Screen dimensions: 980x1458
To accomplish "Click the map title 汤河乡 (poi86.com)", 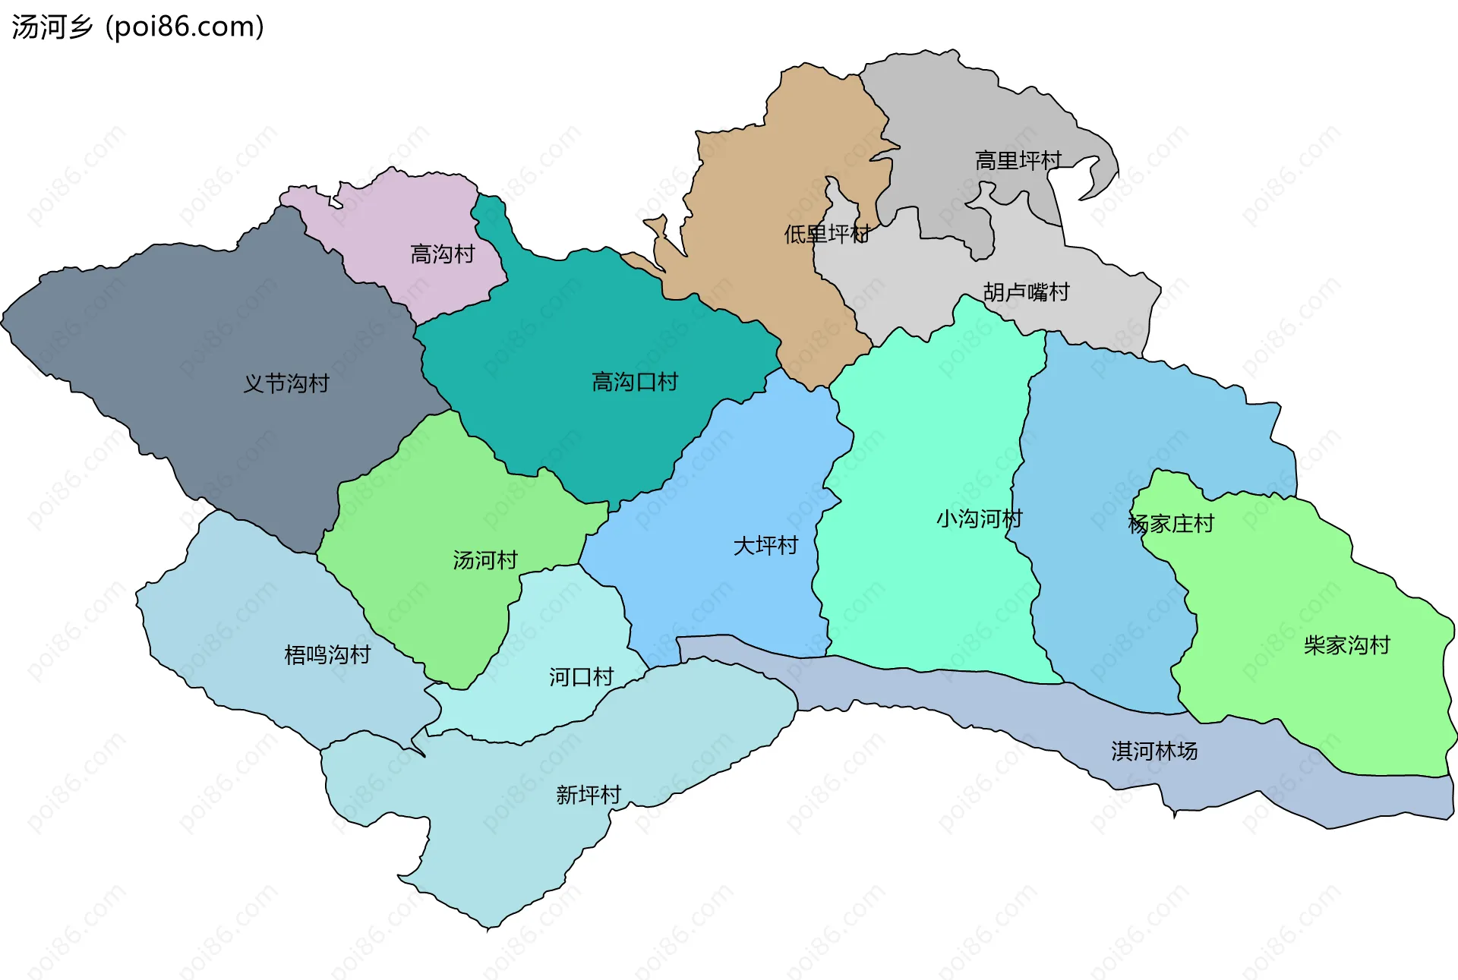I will click(137, 27).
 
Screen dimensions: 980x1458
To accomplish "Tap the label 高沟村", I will click(442, 254).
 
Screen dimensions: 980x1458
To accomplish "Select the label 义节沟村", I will click(286, 383).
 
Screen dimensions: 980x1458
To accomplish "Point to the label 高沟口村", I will click(634, 382).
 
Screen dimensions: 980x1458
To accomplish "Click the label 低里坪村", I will click(826, 234).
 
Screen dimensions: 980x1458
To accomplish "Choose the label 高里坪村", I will click(1018, 161).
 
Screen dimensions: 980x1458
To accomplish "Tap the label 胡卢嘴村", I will click(1026, 292).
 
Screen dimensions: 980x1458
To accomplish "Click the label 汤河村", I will click(484, 560).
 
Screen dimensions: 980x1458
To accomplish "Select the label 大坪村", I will click(765, 546).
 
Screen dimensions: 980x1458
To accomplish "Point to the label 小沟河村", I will click(979, 519).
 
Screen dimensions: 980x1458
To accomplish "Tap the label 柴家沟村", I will click(1346, 645).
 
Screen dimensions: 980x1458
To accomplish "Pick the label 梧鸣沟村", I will click(327, 654).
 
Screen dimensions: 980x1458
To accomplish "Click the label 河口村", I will click(581, 677).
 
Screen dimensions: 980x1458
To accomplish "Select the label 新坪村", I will click(589, 795).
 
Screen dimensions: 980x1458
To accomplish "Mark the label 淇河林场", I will click(1154, 752).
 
